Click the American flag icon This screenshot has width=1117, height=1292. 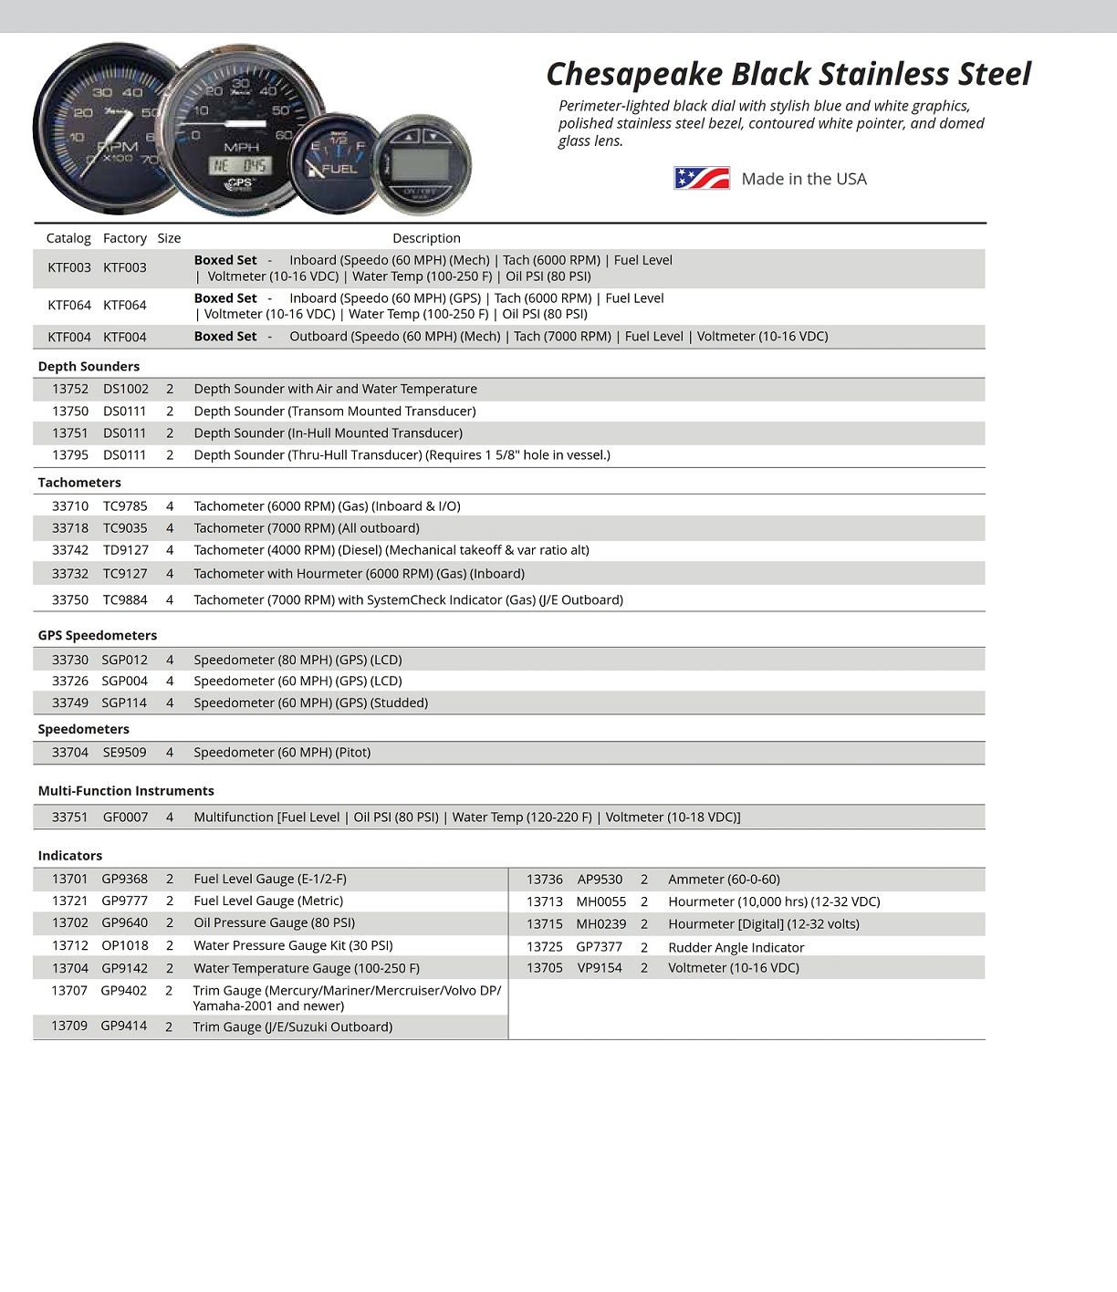click(702, 178)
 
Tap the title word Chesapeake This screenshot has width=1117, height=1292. click(634, 74)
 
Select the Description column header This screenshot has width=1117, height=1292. click(426, 238)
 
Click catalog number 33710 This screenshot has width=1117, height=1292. click(70, 506)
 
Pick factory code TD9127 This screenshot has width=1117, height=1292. click(125, 550)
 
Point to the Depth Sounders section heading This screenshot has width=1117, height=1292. click(89, 367)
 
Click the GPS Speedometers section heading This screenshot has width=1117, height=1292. click(97, 635)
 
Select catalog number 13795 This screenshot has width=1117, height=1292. click(70, 455)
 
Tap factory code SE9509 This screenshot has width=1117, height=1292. click(124, 753)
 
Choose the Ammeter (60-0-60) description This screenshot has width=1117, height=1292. click(724, 880)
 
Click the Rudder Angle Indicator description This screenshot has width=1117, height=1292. click(736, 947)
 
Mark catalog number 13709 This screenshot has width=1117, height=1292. click(69, 1026)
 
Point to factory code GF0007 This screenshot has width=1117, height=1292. click(125, 818)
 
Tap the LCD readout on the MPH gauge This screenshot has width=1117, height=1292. click(239, 166)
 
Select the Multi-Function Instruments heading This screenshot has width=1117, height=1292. click(126, 791)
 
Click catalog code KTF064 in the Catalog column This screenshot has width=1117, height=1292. click(69, 306)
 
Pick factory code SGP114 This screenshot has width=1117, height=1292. click(124, 703)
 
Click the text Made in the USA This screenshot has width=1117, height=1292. click(804, 179)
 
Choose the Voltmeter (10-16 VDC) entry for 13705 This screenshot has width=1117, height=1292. click(733, 968)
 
